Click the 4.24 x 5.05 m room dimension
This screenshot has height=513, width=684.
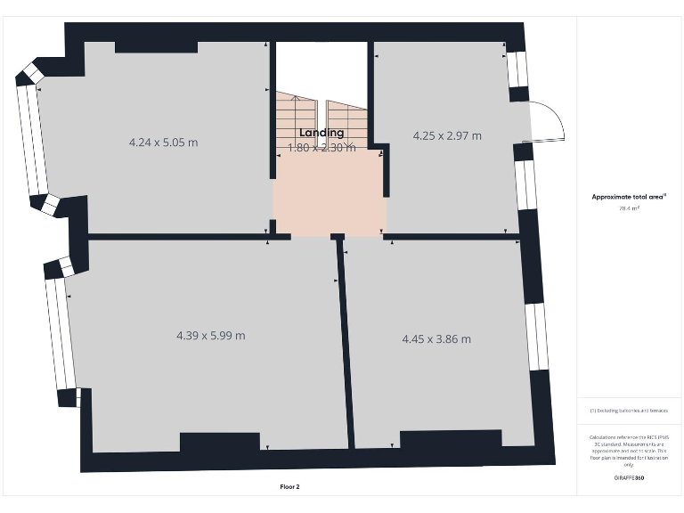(163, 142)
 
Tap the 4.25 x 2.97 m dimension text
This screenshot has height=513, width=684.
(447, 135)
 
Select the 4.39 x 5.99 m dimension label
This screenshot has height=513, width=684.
(211, 336)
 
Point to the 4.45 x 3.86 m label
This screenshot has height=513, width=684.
(436, 339)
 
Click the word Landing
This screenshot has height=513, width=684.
(322, 133)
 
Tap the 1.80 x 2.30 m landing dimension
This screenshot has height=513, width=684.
(322, 148)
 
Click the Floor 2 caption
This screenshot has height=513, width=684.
(290, 487)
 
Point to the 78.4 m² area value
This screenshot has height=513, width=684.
(630, 208)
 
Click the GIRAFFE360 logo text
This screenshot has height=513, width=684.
(629, 478)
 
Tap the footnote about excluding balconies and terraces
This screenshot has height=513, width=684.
(629, 411)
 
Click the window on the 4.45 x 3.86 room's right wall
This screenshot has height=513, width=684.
(536, 337)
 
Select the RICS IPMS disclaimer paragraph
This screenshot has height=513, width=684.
(629, 451)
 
